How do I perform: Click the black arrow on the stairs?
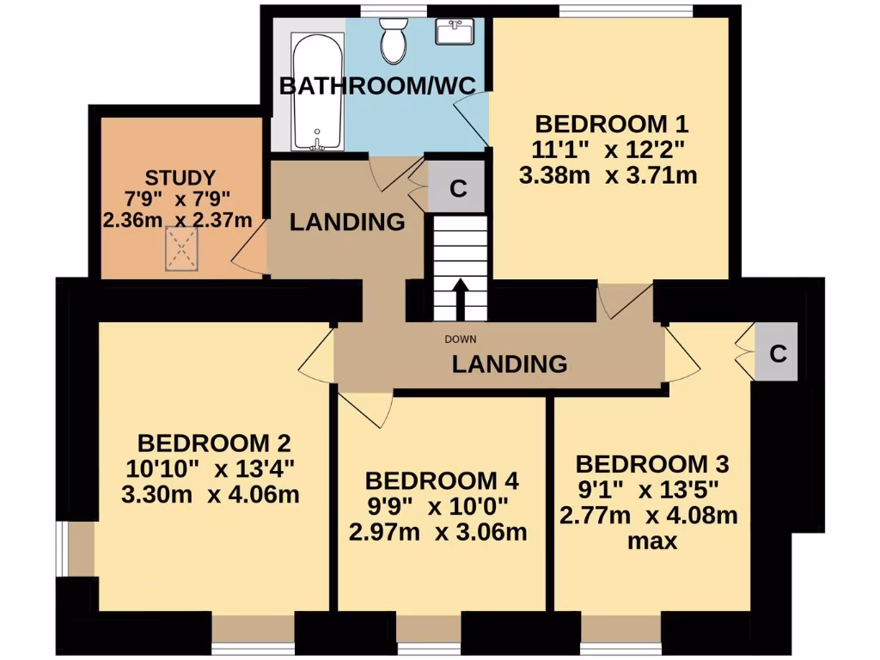(460, 298)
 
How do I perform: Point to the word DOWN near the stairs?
(460, 339)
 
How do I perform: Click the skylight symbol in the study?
(181, 251)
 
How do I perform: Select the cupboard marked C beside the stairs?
(458, 188)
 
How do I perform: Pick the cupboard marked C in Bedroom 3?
(777, 353)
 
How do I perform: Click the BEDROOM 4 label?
(441, 480)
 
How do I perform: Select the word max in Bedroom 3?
(651, 541)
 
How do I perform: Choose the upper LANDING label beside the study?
(347, 222)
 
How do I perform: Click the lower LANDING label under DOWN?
(510, 364)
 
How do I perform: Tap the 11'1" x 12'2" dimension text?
(608, 150)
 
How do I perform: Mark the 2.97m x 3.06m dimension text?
(437, 532)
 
